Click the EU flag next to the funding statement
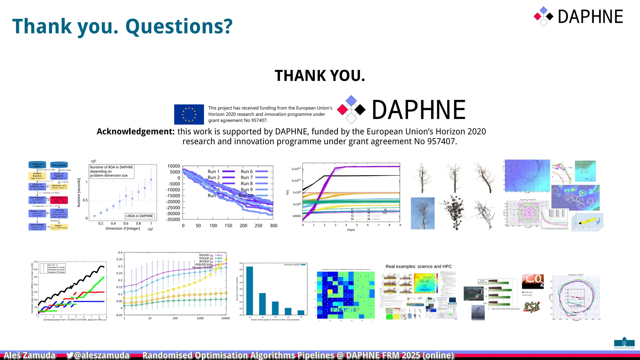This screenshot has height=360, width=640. (189, 114)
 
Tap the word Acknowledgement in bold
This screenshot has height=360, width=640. (136, 132)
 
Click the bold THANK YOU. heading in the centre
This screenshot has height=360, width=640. (320, 76)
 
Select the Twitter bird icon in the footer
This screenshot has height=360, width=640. (70, 355)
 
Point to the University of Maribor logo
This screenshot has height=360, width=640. (624, 343)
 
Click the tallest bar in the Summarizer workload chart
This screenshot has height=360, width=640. (250, 290)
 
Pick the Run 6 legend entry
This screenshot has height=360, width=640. (254, 172)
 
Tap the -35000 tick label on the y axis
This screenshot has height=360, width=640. (173, 219)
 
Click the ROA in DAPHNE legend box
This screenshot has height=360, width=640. (140, 216)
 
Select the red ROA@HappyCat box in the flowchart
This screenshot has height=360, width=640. (59, 200)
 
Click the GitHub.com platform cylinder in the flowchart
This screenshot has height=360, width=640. (37, 165)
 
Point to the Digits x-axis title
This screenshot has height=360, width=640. (351, 230)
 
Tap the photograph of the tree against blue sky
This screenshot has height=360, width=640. (422, 213)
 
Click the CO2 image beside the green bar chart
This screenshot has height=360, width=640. (533, 281)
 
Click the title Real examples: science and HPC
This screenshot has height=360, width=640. (418, 267)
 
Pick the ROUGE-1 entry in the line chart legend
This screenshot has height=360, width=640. (206, 255)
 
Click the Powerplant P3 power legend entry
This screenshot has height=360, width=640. (56, 272)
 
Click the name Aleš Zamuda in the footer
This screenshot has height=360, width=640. (30, 355)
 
